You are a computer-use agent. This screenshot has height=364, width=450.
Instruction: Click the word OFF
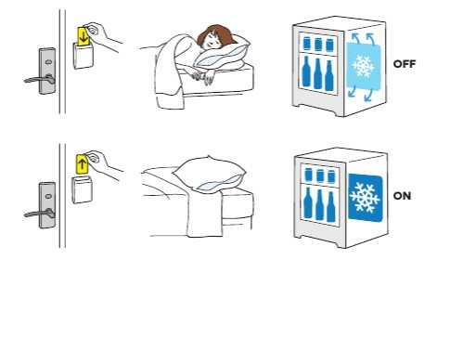(x=405, y=64)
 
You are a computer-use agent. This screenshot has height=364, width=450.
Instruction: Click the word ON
(x=402, y=196)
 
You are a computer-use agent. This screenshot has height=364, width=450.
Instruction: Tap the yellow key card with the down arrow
(x=84, y=36)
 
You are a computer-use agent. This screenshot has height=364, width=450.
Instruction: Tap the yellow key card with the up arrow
(x=83, y=163)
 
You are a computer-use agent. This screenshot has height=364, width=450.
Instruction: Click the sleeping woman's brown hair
(x=216, y=34)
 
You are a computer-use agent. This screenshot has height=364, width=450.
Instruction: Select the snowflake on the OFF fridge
(x=363, y=66)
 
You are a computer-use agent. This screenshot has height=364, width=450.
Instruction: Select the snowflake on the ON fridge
(x=365, y=197)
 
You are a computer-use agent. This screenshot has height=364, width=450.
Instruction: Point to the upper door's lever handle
(x=40, y=80)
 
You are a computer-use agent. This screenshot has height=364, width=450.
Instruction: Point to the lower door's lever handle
(x=40, y=214)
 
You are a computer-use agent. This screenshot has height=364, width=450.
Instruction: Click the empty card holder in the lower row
(x=82, y=189)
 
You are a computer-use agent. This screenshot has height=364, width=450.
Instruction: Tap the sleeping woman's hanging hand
(x=208, y=76)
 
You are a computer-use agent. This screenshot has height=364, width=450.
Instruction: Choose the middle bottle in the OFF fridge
(x=317, y=74)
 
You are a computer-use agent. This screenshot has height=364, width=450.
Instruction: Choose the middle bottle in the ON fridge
(x=320, y=205)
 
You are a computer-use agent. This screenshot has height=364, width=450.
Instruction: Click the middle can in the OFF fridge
(x=318, y=45)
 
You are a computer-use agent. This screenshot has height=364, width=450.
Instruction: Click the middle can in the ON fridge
(x=320, y=175)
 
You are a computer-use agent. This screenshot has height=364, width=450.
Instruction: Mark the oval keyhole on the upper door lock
(x=48, y=62)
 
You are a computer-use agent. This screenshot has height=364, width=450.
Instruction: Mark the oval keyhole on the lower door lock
(x=48, y=196)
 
